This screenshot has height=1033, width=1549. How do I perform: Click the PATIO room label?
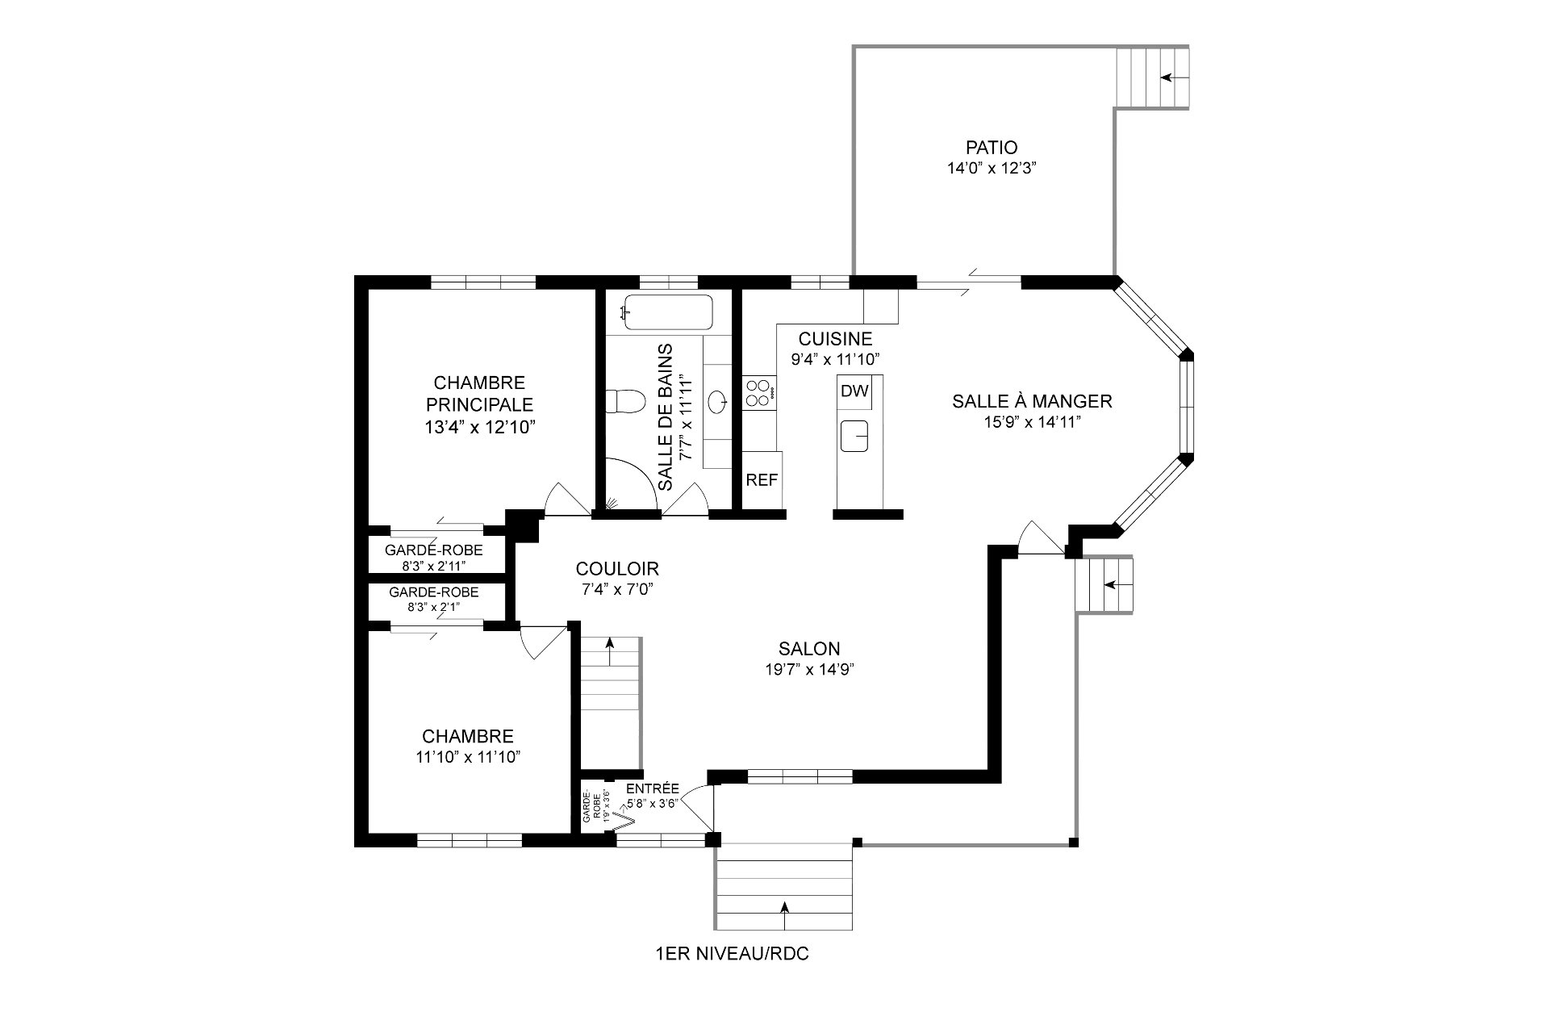(991, 148)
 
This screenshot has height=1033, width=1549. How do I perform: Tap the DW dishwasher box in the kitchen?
(854, 391)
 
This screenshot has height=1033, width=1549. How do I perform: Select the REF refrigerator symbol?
(762, 480)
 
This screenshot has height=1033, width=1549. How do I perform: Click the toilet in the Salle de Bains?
(627, 400)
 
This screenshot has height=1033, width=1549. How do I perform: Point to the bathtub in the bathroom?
(668, 312)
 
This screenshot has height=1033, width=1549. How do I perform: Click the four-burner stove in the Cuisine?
(757, 392)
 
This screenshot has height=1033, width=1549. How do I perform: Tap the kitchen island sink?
(854, 436)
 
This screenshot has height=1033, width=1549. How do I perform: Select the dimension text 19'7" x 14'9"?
(809, 669)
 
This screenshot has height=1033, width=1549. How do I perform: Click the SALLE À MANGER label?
(1032, 401)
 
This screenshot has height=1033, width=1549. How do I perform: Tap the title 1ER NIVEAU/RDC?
(733, 954)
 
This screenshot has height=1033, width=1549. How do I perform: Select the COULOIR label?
(617, 568)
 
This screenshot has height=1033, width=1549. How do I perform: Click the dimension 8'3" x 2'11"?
(434, 565)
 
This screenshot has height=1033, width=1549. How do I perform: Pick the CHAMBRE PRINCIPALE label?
(479, 393)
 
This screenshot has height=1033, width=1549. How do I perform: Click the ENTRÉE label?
(653, 788)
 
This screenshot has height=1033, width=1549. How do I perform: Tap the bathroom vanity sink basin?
(716, 401)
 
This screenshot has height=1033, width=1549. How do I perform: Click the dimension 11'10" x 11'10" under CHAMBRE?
(468, 757)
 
